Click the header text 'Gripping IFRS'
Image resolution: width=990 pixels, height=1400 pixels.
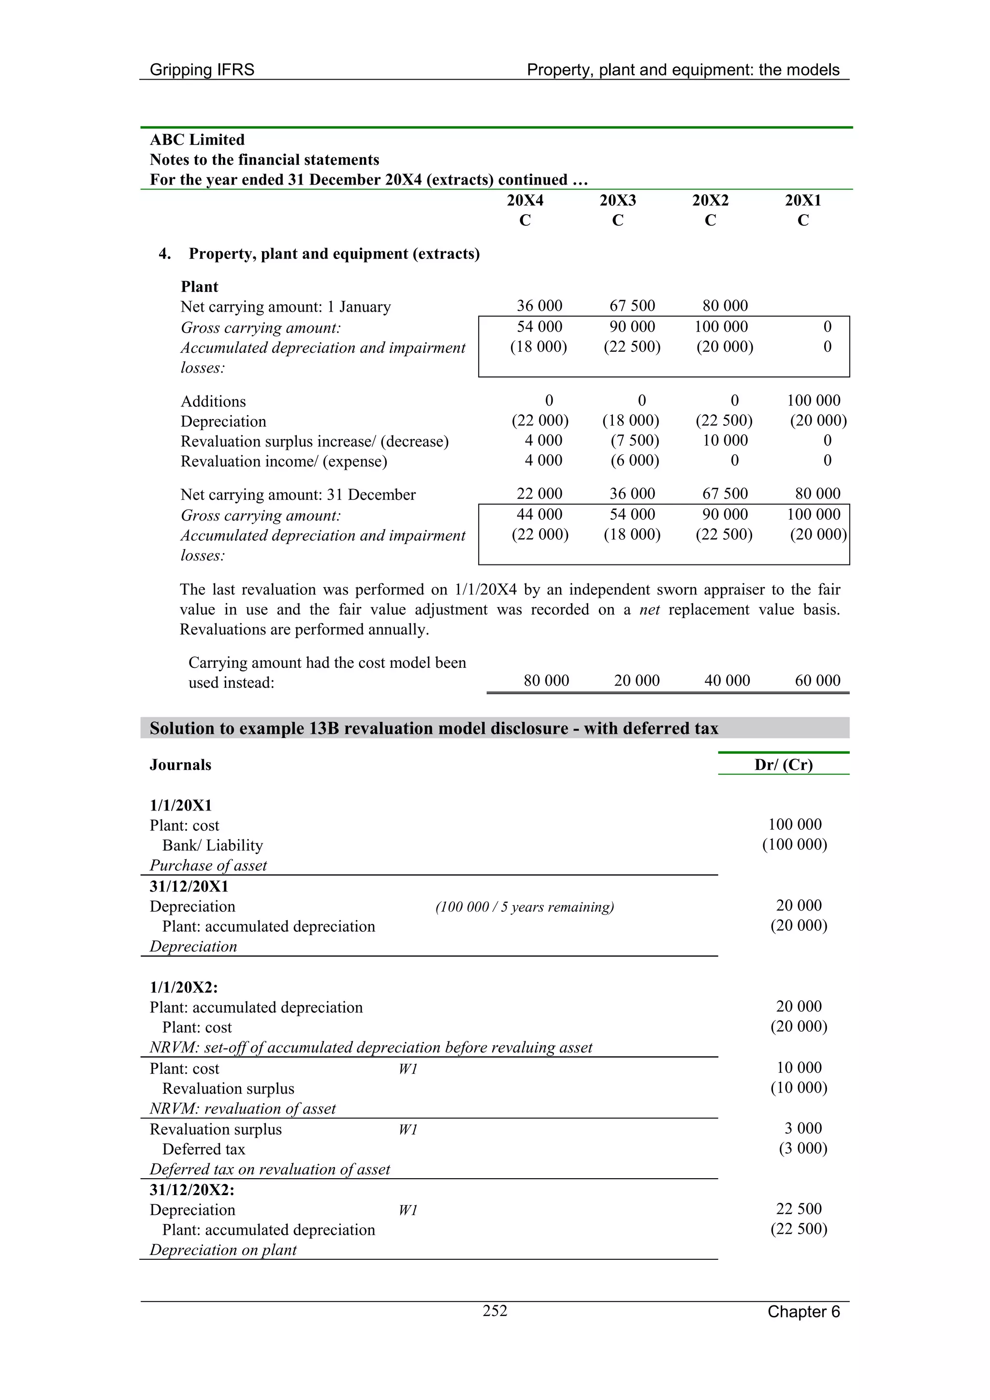coord(202,70)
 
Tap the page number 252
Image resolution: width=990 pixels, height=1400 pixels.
coord(495,1311)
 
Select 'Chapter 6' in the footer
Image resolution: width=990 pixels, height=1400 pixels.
coord(803,1312)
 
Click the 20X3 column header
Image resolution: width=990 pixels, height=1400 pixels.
coord(617,200)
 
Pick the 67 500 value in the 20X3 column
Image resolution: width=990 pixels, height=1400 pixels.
coord(632,305)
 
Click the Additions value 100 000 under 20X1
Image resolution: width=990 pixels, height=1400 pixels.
coord(813,401)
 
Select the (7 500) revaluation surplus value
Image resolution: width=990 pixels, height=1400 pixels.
coord(634,440)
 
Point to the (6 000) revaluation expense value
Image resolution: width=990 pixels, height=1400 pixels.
coord(634,461)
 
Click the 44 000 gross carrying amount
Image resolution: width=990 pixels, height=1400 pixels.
coord(539,514)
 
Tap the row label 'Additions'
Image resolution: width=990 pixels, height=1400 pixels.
coord(213,401)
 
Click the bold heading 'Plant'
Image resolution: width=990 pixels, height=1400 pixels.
coord(199,287)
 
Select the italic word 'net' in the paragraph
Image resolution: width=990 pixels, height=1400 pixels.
coord(649,610)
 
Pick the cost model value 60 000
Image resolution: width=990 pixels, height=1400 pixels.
coord(817,680)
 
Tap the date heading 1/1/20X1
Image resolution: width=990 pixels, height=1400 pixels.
coord(181,806)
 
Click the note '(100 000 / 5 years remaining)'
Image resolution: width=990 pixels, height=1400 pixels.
coord(524,907)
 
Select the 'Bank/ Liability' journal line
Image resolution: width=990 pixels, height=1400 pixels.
coord(212,845)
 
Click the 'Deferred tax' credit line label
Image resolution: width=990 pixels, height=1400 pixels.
coord(203,1149)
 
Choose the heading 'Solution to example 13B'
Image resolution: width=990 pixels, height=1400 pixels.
coord(433,728)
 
